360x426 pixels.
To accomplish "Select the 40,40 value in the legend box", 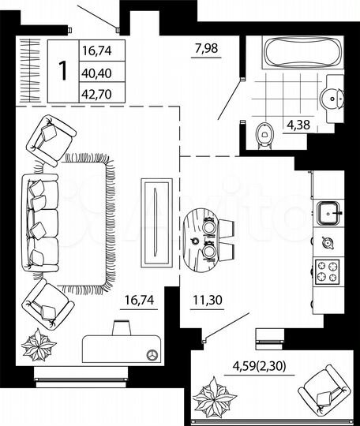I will pos(95,71).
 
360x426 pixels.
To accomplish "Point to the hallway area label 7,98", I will pos(207,53).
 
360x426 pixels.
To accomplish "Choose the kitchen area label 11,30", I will pos(208,300).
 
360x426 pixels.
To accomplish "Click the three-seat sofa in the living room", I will pos(40,220).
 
